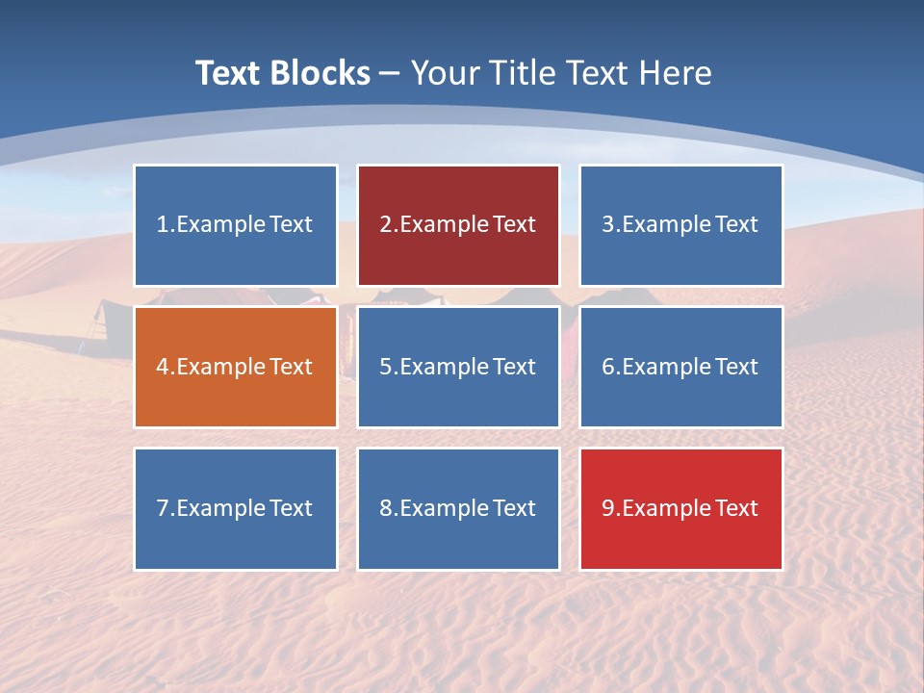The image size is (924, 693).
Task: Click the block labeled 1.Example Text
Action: (236, 225)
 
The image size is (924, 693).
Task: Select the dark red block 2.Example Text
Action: (458, 225)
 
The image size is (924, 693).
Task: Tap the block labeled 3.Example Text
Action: (680, 225)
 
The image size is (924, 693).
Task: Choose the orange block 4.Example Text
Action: (236, 367)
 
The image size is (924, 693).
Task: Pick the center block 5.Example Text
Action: (458, 367)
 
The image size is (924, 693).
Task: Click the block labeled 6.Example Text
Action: (680, 367)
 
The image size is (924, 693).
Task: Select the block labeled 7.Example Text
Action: (236, 508)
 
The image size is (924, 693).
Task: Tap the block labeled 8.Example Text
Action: (458, 508)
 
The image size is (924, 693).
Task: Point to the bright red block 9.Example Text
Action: (680, 508)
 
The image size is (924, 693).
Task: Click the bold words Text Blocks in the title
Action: (283, 73)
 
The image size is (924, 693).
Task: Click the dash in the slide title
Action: (390, 73)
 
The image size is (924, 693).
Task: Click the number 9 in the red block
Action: (608, 508)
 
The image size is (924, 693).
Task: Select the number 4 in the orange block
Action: (163, 367)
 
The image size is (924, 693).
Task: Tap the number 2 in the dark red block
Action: (385, 225)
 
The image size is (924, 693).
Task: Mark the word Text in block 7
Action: (291, 508)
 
